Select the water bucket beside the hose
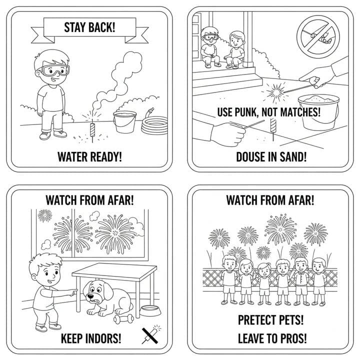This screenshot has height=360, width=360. tap(124, 121)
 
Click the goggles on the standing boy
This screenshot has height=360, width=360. tap(55, 70)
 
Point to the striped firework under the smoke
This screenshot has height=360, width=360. tap(92, 130)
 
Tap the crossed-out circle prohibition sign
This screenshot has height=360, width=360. tap(318, 37)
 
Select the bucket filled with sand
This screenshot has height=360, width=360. tap(318, 112)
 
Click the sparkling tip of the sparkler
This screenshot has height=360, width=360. tap(275, 92)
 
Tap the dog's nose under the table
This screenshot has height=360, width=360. tap(90, 295)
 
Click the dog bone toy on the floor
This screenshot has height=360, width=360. tap(123, 318)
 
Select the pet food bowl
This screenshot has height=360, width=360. tap(150, 310)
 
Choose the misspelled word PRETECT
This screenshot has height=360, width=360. tap(255, 320)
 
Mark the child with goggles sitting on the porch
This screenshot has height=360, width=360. tap(209, 47)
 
